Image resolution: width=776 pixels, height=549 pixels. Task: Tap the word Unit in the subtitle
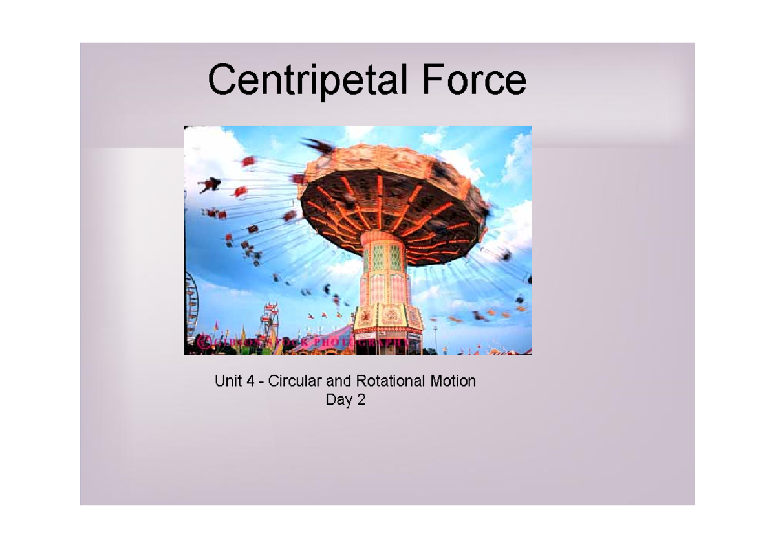228,381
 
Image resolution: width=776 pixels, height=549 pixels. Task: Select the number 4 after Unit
249,381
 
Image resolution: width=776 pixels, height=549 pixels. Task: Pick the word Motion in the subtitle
453,381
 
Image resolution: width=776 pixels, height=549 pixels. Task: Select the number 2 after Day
361,400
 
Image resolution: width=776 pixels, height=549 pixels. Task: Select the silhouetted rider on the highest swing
210,185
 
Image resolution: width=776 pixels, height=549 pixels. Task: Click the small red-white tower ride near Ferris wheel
268,320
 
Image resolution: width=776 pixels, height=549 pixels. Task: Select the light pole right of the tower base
435,337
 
